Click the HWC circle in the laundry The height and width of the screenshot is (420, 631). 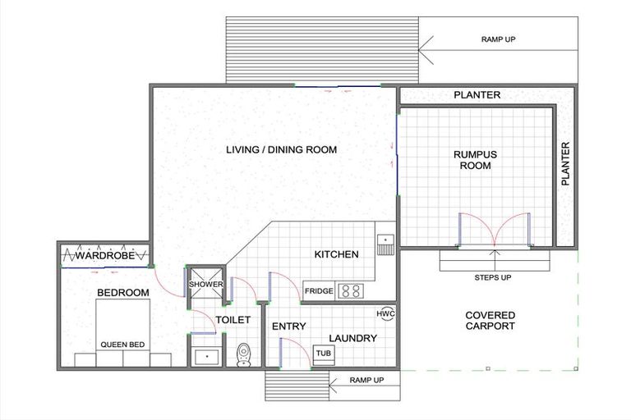385,314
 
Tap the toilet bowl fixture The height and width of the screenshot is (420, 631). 243,354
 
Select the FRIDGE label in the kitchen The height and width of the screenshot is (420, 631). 318,291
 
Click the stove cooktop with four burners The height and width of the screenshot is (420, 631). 352,290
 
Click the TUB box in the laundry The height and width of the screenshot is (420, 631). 325,354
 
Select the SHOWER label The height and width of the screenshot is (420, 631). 205,285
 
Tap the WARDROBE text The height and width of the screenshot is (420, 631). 105,254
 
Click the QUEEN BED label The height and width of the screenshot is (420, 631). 123,345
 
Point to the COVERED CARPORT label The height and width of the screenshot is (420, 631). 490,321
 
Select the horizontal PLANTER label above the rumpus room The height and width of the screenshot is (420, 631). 477,95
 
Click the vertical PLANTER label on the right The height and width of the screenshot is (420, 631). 565,164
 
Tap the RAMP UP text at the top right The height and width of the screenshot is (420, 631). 498,39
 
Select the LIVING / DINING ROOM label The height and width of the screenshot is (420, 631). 271,149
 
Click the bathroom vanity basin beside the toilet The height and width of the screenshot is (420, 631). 205,356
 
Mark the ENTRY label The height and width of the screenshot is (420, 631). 288,326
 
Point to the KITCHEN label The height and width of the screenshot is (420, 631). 336,254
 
